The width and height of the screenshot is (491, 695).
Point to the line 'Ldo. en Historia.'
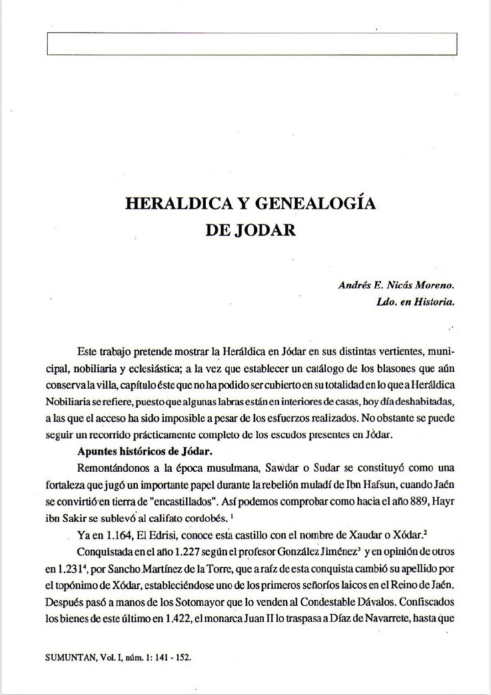[x=416, y=302]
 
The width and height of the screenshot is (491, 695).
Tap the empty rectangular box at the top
[x=252, y=44]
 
